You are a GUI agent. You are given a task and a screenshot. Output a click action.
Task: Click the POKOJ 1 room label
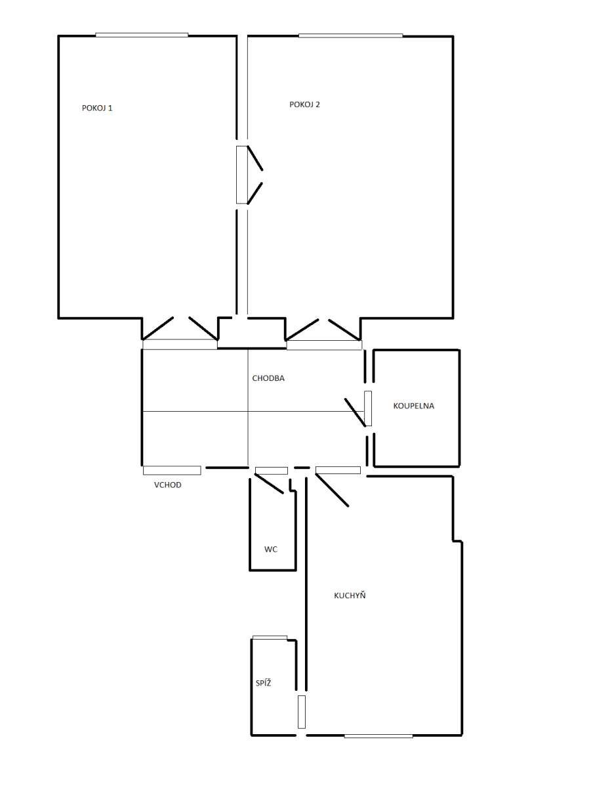click(x=97, y=108)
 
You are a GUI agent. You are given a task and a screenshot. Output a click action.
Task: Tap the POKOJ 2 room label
click(x=304, y=104)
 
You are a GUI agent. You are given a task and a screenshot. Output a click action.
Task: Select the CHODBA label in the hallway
click(x=268, y=378)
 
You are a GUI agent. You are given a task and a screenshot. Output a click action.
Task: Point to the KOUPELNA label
click(x=413, y=406)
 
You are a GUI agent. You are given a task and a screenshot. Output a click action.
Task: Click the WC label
click(x=270, y=550)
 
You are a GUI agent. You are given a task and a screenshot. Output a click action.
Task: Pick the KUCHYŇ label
click(x=350, y=596)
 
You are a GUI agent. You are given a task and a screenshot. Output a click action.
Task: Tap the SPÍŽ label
click(x=263, y=684)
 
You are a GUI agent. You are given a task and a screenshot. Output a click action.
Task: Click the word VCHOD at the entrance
click(x=167, y=485)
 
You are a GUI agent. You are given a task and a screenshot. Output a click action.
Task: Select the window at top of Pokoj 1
click(x=142, y=35)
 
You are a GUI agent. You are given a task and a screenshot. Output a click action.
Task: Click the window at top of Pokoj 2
click(x=350, y=35)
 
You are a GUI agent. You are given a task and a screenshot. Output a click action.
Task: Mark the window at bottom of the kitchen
click(x=378, y=735)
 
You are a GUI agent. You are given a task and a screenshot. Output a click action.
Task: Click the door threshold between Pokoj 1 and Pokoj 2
click(x=241, y=175)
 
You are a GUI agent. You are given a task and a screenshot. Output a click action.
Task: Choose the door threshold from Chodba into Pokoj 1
click(x=180, y=344)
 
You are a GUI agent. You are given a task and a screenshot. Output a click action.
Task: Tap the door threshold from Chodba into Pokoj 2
click(x=324, y=345)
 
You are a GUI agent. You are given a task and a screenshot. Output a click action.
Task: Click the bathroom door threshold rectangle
click(x=368, y=408)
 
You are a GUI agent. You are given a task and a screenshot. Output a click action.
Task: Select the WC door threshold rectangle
click(x=271, y=470)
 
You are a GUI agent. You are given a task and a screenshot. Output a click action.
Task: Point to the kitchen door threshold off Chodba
click(x=338, y=470)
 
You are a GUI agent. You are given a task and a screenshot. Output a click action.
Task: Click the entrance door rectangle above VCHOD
click(x=172, y=470)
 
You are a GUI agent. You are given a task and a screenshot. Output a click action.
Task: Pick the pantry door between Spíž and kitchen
click(x=301, y=712)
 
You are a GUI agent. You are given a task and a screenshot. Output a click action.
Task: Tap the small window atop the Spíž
click(x=270, y=637)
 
